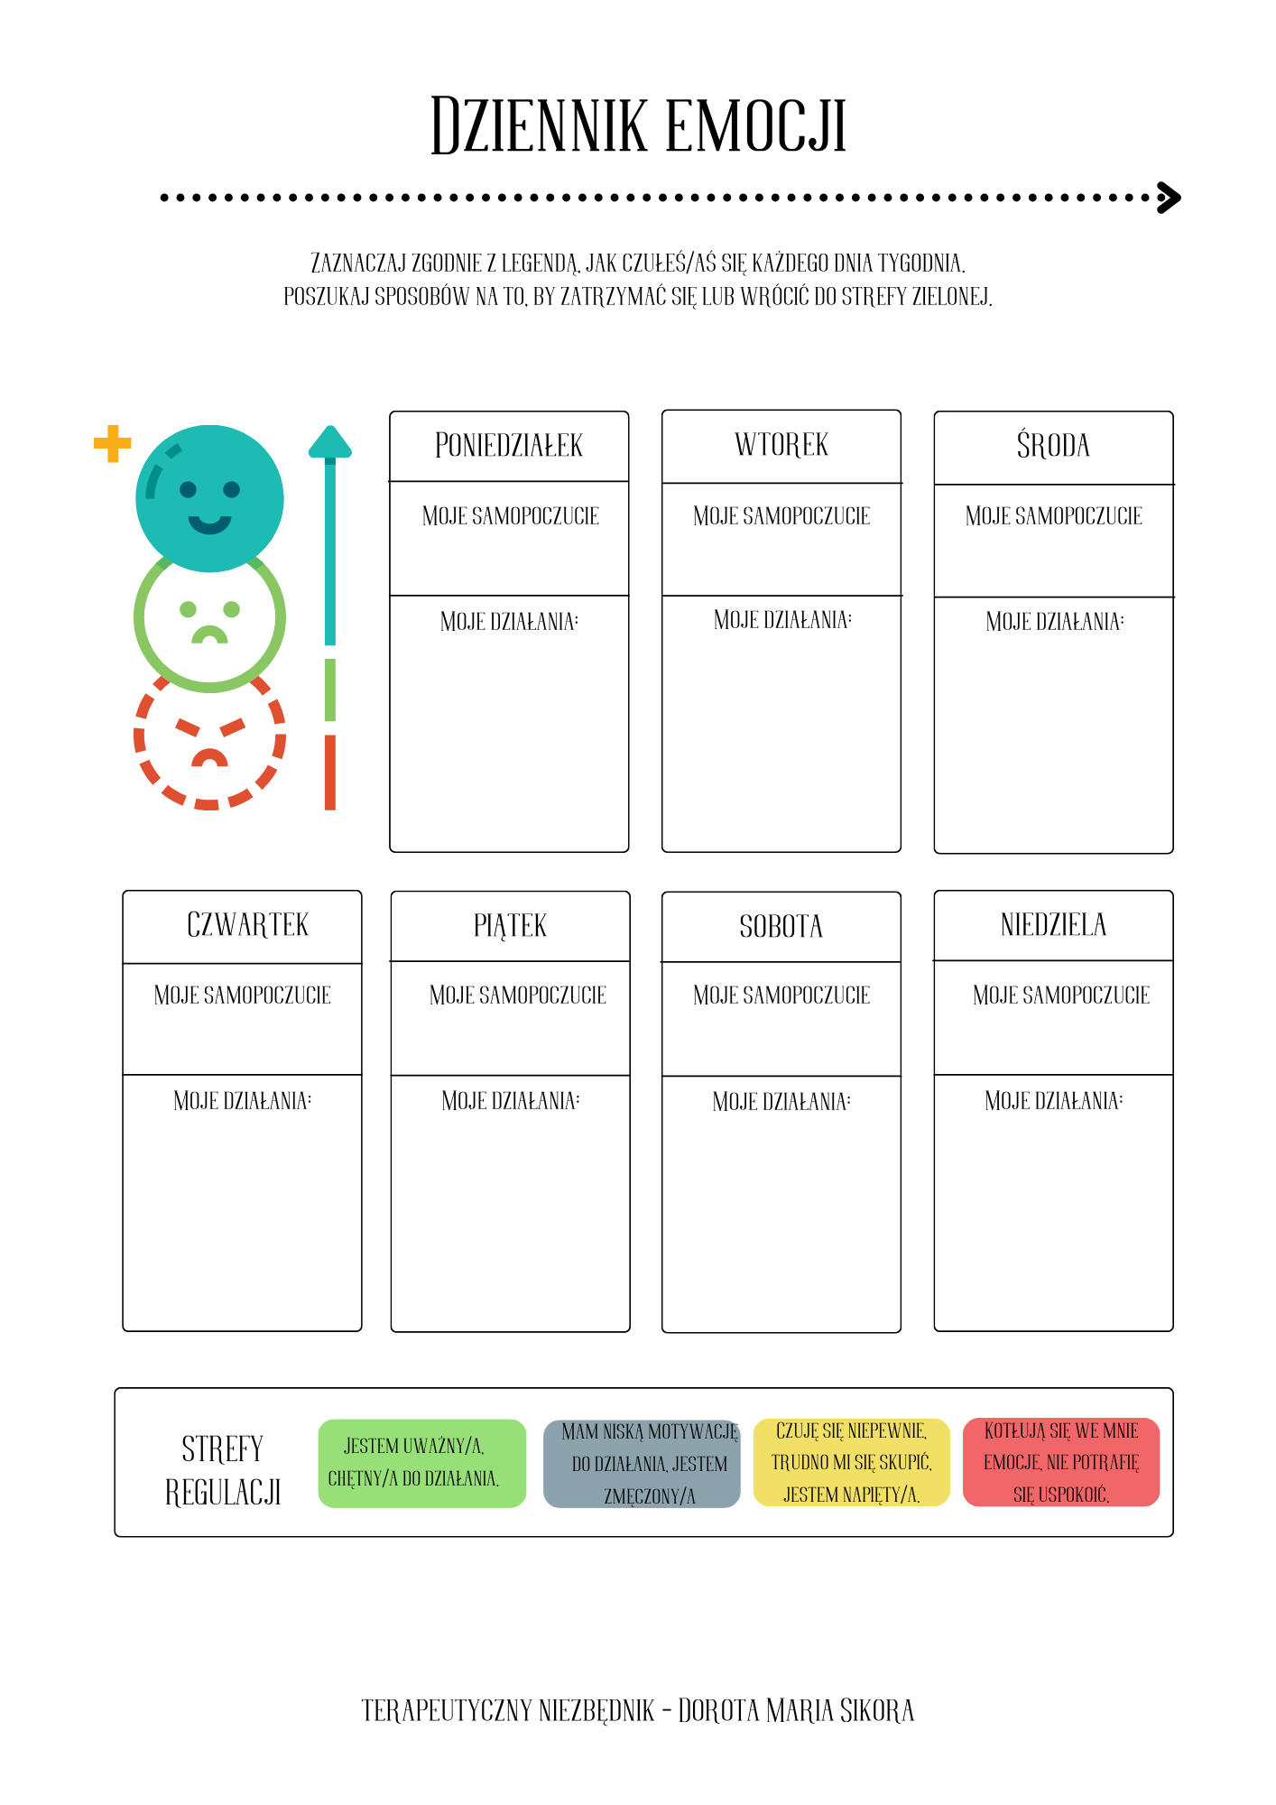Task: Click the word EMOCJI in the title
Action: pos(755,125)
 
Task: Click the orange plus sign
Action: pos(113,443)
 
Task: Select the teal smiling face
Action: pos(209,498)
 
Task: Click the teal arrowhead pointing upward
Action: pos(330,441)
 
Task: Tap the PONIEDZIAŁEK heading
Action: pos(509,446)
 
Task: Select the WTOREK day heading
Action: pos(781,445)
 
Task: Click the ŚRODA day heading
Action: pos(1053,445)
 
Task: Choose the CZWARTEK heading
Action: pos(247,925)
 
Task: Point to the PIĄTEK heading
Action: pos(510,926)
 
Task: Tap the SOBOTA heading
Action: pos(781,927)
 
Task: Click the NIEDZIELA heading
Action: pos(1053,925)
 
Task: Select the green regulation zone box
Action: pos(422,1463)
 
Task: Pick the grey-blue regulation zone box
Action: pos(642,1463)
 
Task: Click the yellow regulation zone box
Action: pos(852,1462)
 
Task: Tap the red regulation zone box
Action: pos(1061,1462)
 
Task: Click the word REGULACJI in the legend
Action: pos(223,1493)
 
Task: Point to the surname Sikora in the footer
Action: pos(877,1710)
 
